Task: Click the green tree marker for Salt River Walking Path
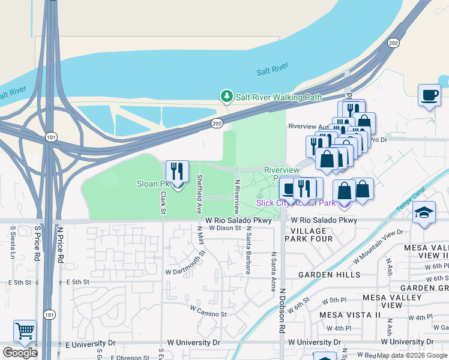pos(226,96)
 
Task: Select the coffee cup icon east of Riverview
pos(429,95)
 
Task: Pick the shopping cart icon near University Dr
pos(25,331)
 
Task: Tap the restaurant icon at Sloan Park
pos(177,172)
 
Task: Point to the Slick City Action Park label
pos(295,203)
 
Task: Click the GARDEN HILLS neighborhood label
pos(330,275)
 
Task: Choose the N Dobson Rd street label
pos(281,311)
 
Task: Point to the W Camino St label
pos(208,312)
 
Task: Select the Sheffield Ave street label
pos(199,186)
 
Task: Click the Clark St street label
pos(163,202)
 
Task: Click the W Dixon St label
pos(224,228)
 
